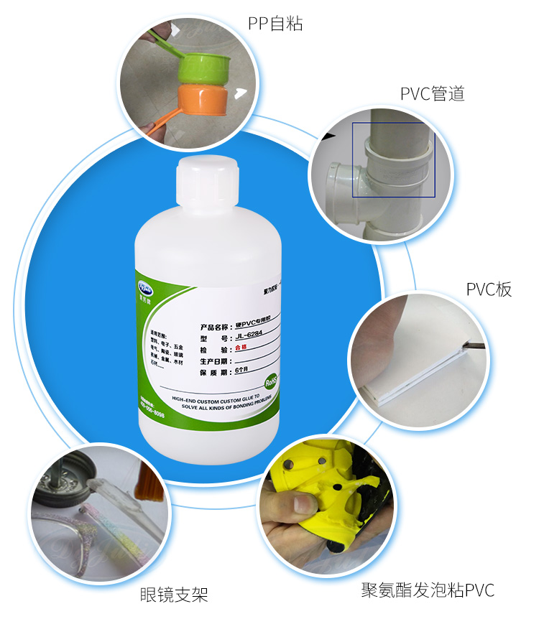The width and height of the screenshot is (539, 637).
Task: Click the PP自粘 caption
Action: tap(275, 24)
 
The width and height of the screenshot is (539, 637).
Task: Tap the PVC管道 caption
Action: tap(432, 93)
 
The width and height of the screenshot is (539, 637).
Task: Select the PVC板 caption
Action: tap(489, 289)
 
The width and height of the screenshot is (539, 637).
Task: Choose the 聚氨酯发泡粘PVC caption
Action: tap(428, 591)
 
